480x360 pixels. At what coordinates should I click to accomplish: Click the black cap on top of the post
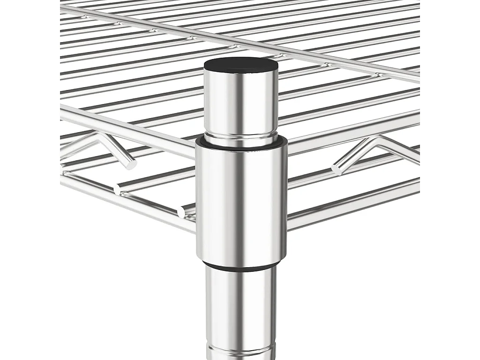(241, 64)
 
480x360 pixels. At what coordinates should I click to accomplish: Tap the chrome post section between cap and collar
(241, 103)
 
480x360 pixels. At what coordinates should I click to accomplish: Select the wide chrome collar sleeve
(241, 202)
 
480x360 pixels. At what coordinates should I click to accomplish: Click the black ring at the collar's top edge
(241, 143)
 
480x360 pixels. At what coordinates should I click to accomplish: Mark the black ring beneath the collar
(241, 266)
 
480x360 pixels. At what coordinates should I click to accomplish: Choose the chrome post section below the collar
(241, 305)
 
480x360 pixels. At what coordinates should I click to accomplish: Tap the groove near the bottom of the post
(241, 349)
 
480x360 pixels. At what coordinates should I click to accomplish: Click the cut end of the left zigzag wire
(131, 165)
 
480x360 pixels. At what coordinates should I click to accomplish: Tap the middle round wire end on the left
(117, 189)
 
